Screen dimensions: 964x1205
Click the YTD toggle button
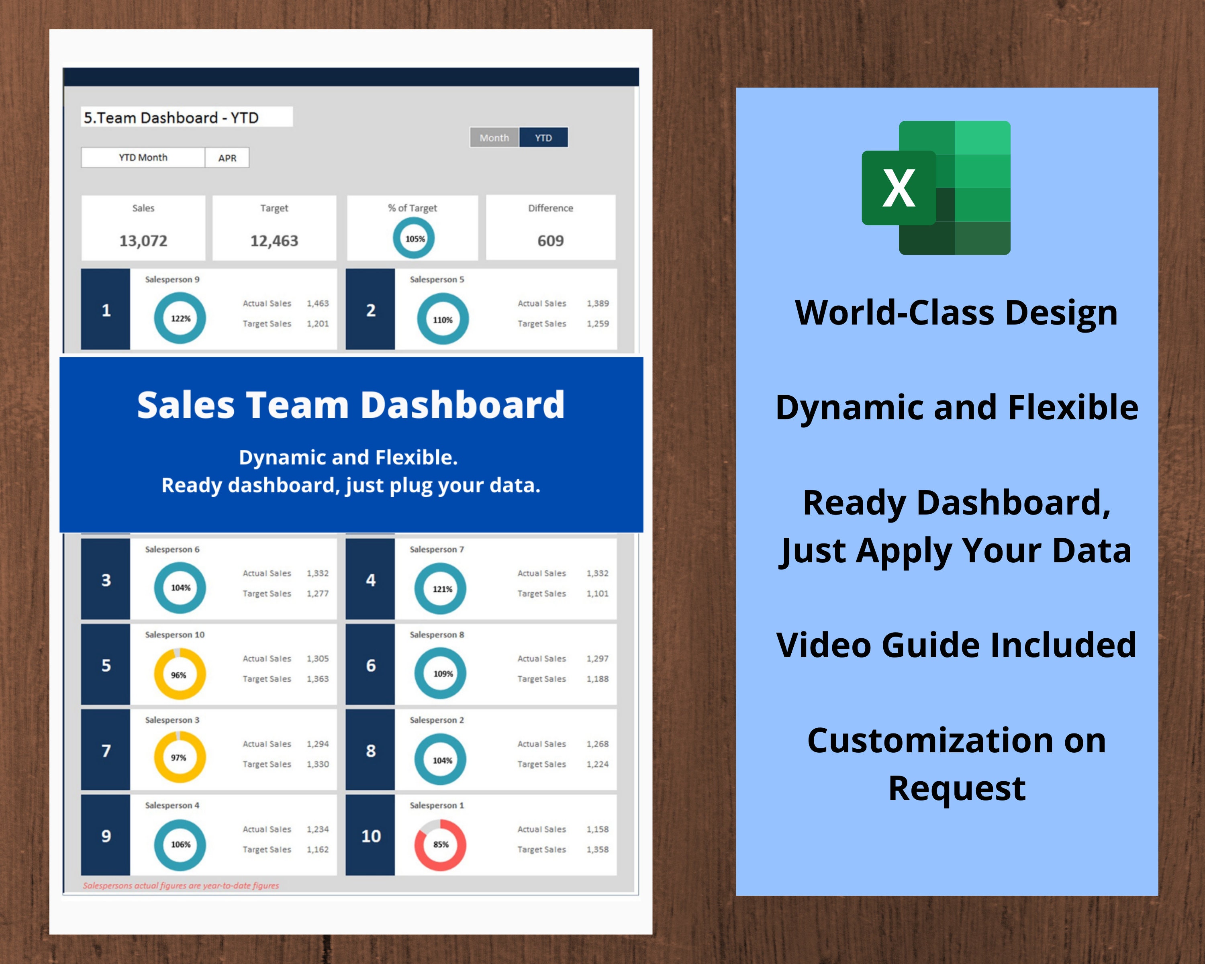543,137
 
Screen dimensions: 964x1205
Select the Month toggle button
494,137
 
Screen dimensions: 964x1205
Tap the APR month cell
227,157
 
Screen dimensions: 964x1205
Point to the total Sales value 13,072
143,241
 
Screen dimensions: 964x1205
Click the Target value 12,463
274,241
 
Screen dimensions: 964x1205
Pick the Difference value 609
551,241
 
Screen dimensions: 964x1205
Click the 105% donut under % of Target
414,239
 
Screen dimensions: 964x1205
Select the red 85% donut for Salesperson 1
440,844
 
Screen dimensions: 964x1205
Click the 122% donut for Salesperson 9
180,319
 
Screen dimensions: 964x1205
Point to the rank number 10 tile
371,836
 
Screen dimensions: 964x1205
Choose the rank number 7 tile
106,751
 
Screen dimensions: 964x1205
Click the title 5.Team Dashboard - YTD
171,117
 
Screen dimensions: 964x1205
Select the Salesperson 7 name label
437,549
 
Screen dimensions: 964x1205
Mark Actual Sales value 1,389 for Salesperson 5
597,303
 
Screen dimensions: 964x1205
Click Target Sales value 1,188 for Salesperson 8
597,678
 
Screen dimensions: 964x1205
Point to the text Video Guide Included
956,645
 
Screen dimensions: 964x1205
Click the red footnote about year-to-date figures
180,885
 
